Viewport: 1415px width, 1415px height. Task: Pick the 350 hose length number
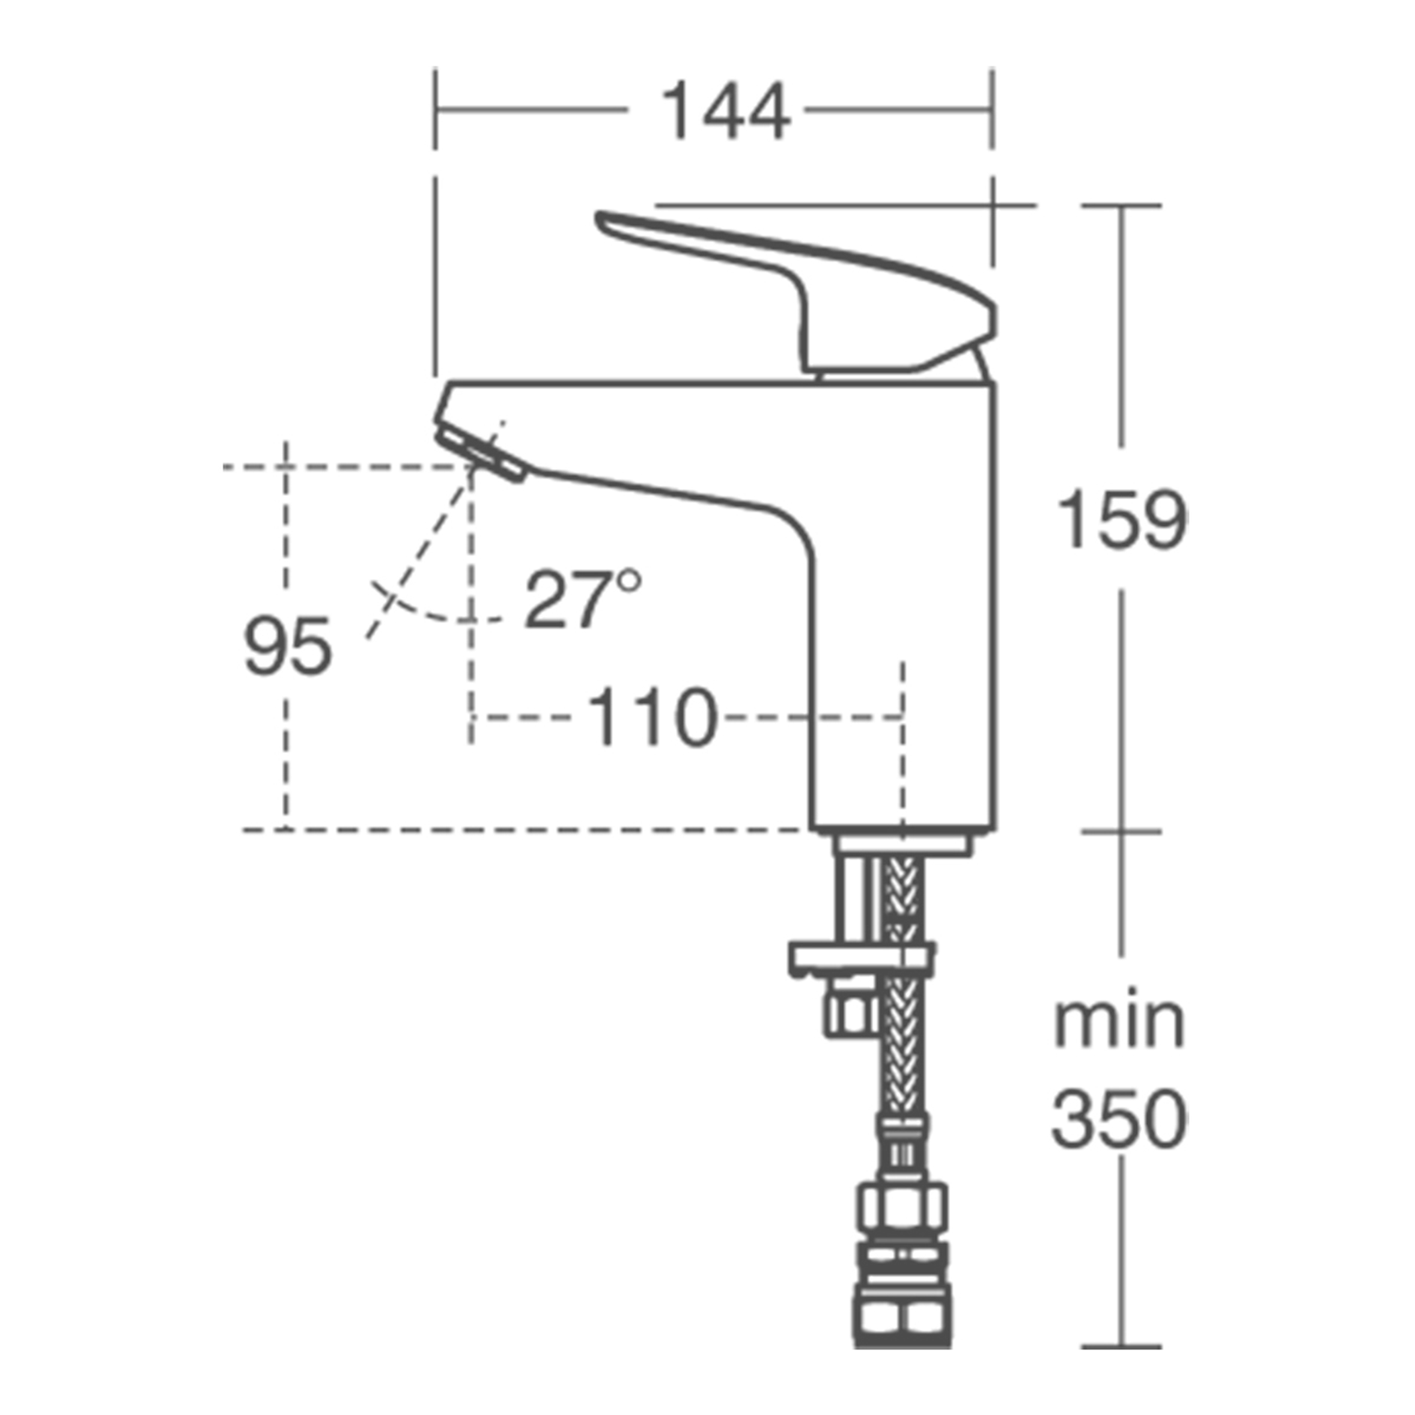(1119, 1120)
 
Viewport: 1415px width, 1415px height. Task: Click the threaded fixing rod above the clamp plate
(853, 902)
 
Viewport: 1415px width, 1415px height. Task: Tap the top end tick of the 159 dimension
(1122, 204)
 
